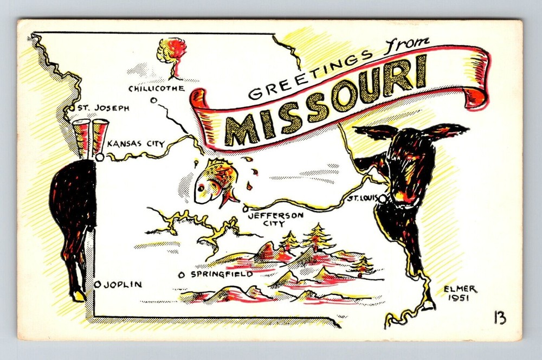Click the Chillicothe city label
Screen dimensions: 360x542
point(156,88)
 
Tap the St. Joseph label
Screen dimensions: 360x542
point(103,108)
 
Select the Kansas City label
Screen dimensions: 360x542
point(135,144)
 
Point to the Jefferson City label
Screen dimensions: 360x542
point(275,218)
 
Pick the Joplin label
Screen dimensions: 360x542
point(122,284)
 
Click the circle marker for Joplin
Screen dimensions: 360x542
point(98,284)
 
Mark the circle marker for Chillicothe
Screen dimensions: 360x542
point(154,99)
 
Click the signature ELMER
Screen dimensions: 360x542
point(461,289)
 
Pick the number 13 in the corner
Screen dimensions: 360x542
point(499,318)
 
